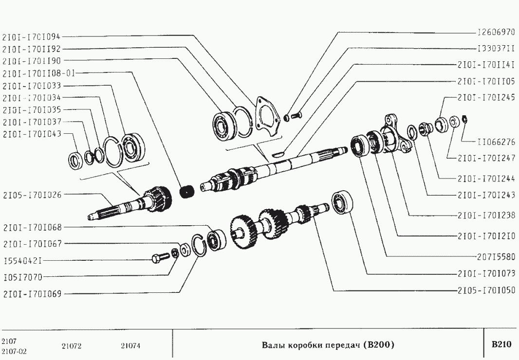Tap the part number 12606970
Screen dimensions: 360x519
coord(496,33)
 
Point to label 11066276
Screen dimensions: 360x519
coord(496,142)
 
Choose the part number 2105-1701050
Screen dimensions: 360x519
coord(486,290)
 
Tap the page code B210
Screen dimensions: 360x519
coord(501,345)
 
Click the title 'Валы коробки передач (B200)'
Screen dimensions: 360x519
coord(328,345)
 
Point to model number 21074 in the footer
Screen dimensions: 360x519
coord(130,346)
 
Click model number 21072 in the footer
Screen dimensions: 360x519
coord(72,346)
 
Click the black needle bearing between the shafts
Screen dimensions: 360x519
coord(186,191)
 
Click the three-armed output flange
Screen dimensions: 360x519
coord(394,134)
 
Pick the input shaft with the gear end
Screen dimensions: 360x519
coord(131,204)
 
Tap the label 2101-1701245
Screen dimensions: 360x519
coord(486,97)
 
